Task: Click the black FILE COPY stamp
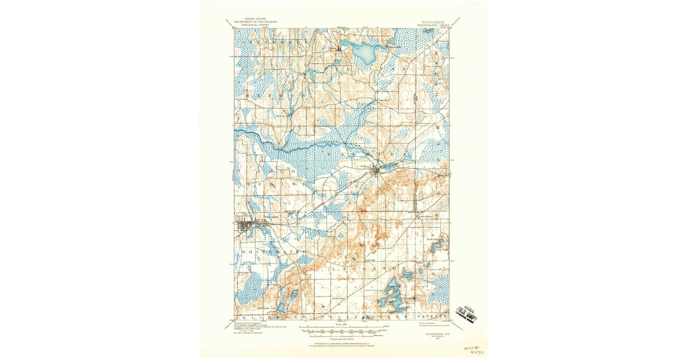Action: [468, 313]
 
